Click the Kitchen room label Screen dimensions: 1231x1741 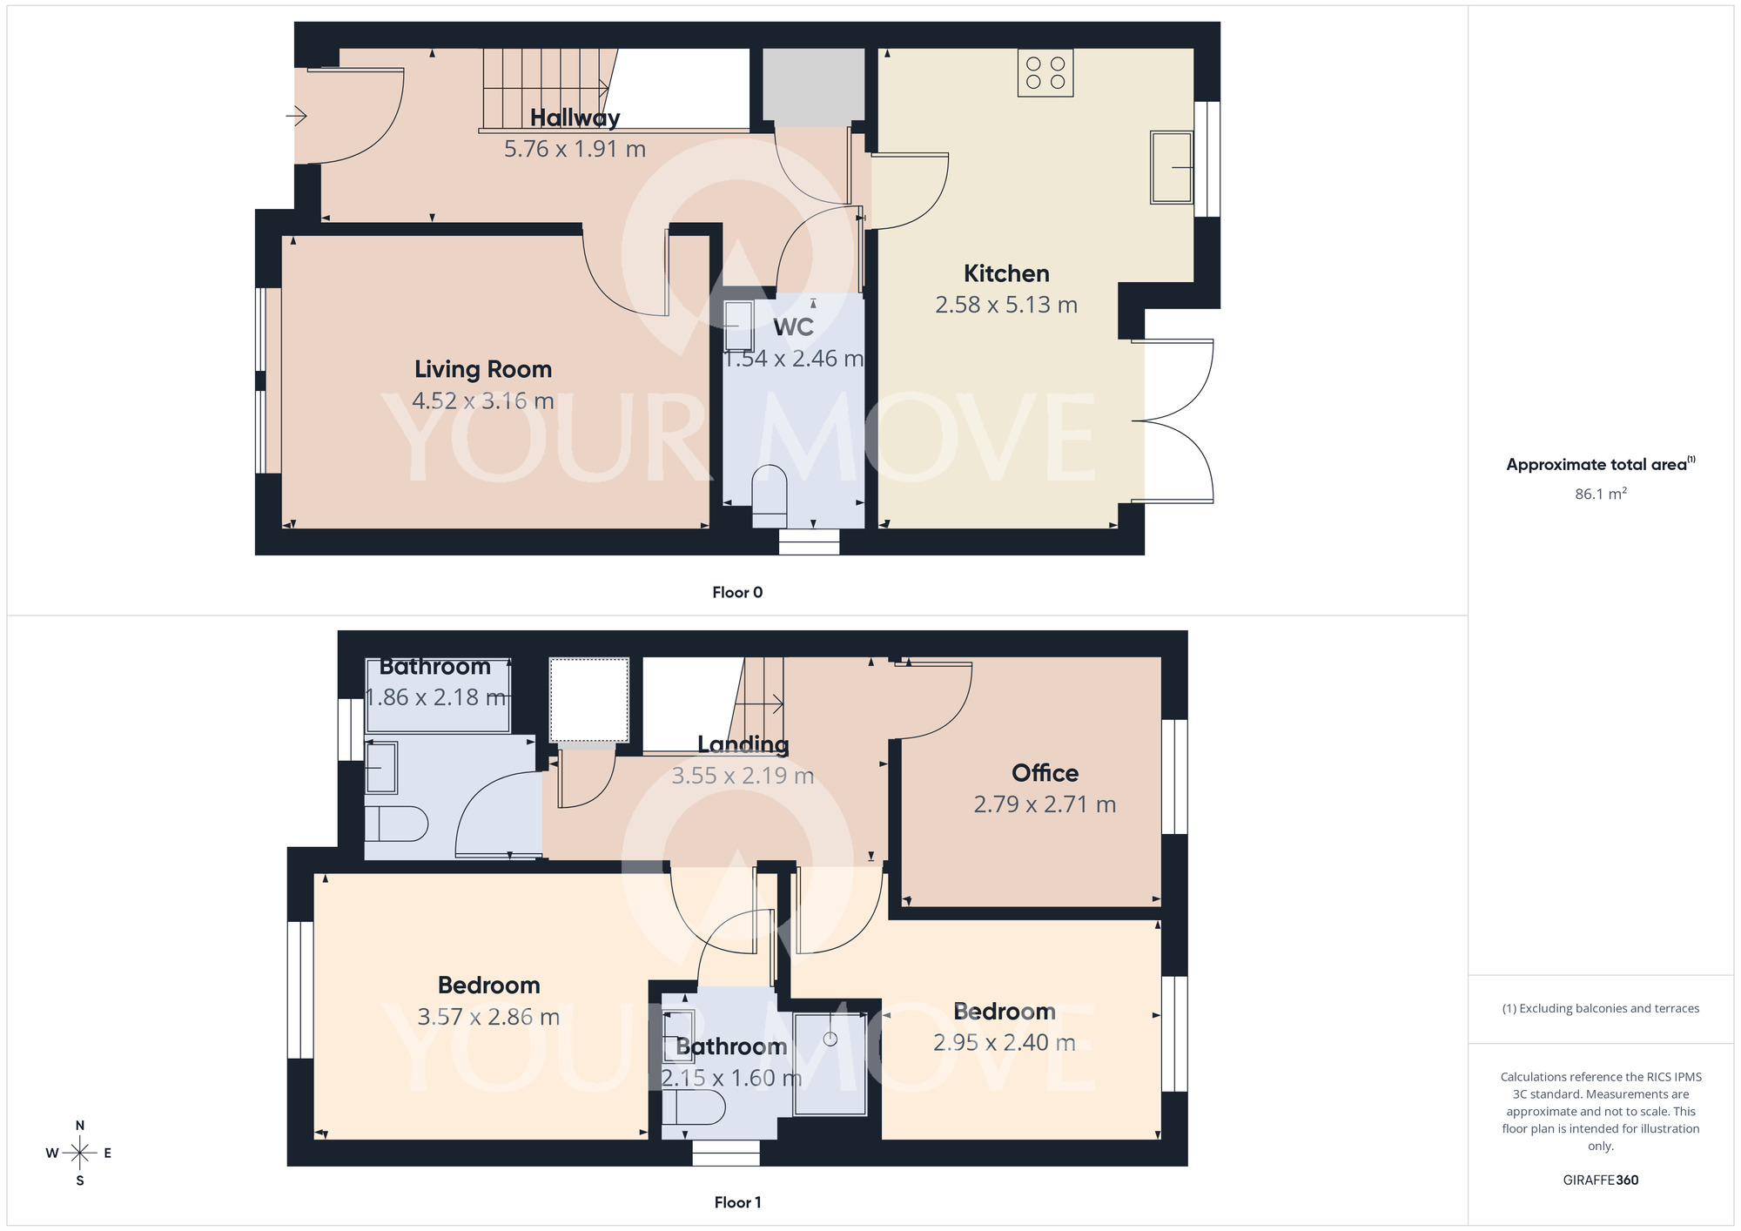click(x=1006, y=273)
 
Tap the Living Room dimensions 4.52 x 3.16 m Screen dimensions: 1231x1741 click(x=483, y=400)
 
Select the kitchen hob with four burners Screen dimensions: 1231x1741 click(x=1045, y=72)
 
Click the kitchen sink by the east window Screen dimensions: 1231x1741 click(x=1171, y=167)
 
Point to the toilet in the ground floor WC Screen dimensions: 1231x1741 click(x=770, y=494)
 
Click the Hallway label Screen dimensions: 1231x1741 click(x=575, y=118)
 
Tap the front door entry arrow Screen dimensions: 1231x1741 click(x=297, y=115)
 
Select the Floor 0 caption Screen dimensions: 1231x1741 click(x=737, y=592)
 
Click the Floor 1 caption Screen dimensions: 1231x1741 click(x=737, y=1202)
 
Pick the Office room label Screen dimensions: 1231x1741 click(x=1045, y=773)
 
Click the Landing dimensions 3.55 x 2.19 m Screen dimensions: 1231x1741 click(x=743, y=776)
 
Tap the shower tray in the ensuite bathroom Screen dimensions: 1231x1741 click(x=830, y=1063)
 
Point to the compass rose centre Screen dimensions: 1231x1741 click(x=80, y=1154)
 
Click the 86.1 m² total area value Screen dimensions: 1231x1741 click(x=1600, y=494)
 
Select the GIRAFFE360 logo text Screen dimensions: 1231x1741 click(x=1600, y=1181)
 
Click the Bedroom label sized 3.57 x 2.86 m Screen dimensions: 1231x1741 click(x=489, y=985)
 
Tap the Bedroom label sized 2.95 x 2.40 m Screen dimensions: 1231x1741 click(x=1005, y=1012)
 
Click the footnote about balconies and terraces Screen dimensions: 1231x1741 click(x=1600, y=1008)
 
